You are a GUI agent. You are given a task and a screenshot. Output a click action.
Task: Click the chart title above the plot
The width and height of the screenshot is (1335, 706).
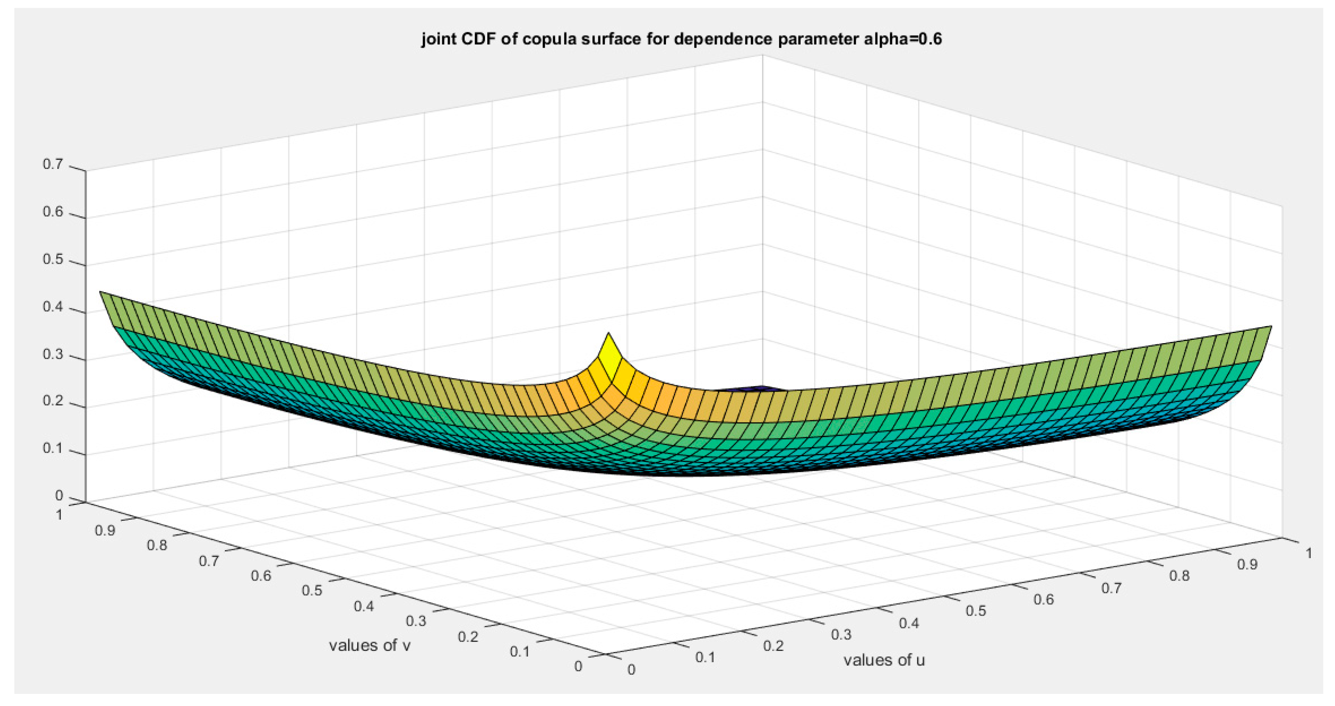tap(681, 39)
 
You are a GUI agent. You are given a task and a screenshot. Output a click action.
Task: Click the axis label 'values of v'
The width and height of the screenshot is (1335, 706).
tap(370, 646)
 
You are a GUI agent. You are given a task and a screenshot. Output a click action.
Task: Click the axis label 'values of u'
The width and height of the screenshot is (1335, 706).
tap(884, 660)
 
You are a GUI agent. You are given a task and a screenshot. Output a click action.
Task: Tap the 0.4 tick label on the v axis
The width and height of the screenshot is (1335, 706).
tap(364, 606)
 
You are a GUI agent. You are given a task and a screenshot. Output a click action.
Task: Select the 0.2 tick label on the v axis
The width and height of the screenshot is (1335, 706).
tap(468, 636)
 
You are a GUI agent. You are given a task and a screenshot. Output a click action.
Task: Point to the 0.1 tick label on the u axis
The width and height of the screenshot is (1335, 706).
tap(705, 657)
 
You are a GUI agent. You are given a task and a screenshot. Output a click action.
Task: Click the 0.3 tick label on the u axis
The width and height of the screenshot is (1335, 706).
tap(841, 634)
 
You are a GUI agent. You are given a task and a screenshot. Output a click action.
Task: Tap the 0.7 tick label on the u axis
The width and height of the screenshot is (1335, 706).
tap(1112, 588)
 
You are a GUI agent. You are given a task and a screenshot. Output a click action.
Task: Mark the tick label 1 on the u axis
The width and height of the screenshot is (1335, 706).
tap(1309, 554)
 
